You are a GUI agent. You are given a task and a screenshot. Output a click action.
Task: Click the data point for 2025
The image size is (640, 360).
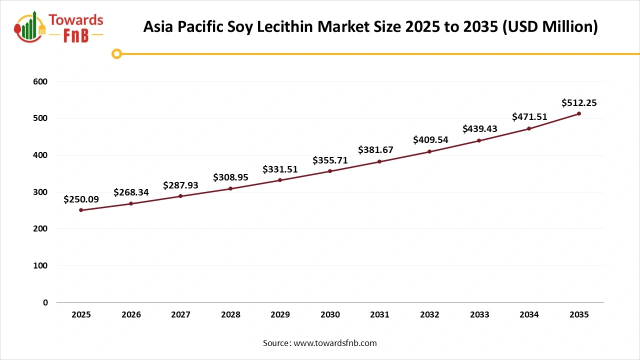coord(81,210)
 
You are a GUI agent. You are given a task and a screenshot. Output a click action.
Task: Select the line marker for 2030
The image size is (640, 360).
coord(330,171)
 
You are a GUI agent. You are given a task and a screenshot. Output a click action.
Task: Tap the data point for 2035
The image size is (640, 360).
coord(579,113)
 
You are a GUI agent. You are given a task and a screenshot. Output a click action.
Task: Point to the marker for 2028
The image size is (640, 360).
coord(230,188)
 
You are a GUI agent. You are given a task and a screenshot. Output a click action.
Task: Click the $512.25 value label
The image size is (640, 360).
coord(579,103)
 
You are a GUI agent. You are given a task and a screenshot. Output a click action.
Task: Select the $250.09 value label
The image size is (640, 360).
coord(81,199)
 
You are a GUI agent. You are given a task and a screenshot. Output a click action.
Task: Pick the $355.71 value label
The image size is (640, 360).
coord(330,160)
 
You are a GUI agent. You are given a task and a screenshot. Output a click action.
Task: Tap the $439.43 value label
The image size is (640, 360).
coord(479,129)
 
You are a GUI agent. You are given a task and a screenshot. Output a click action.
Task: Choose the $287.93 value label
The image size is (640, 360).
coord(180,185)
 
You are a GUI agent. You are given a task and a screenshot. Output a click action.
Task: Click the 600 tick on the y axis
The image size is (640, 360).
coord(41,81)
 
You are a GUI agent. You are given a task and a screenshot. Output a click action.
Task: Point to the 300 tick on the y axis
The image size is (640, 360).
coord(41,192)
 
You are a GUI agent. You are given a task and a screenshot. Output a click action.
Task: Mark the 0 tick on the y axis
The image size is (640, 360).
coord(45,302)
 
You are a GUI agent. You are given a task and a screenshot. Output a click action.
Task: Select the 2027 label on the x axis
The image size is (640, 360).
coord(180,315)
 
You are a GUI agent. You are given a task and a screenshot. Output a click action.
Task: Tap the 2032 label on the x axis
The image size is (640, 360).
coord(429,315)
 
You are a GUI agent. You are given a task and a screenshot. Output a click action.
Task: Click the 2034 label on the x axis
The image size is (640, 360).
coord(529,315)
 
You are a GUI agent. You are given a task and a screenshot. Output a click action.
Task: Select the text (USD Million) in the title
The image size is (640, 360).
coord(550,26)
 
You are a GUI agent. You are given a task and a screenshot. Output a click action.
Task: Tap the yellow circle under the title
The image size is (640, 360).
coord(116,53)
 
